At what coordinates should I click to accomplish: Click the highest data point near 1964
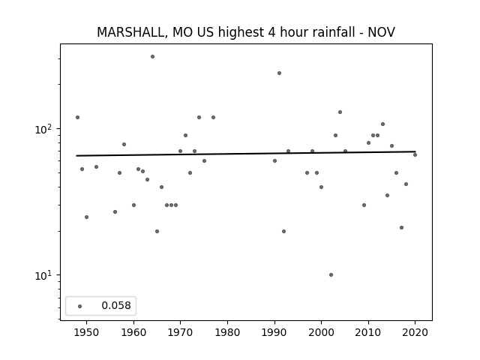[x=152, y=57]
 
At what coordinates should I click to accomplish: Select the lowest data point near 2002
[x=331, y=275]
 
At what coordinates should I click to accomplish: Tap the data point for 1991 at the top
[x=279, y=73]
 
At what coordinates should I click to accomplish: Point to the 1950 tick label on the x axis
[x=87, y=332]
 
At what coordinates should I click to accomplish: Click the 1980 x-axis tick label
[x=227, y=332]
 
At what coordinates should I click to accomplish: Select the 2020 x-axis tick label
[x=415, y=332]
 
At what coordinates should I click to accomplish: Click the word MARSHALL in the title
[x=132, y=32]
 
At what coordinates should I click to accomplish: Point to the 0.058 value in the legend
[x=116, y=305]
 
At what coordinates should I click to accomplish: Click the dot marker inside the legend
[x=80, y=306]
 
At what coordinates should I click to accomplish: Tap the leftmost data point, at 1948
[x=77, y=117]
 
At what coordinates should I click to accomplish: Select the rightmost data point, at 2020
[x=415, y=155]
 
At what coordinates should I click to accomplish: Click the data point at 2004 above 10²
[x=340, y=112]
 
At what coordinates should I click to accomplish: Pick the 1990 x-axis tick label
[x=274, y=332]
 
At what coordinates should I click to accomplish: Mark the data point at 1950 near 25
[x=87, y=217]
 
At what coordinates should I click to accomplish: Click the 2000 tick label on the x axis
[x=321, y=332]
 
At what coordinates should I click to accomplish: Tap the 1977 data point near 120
[x=213, y=117]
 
